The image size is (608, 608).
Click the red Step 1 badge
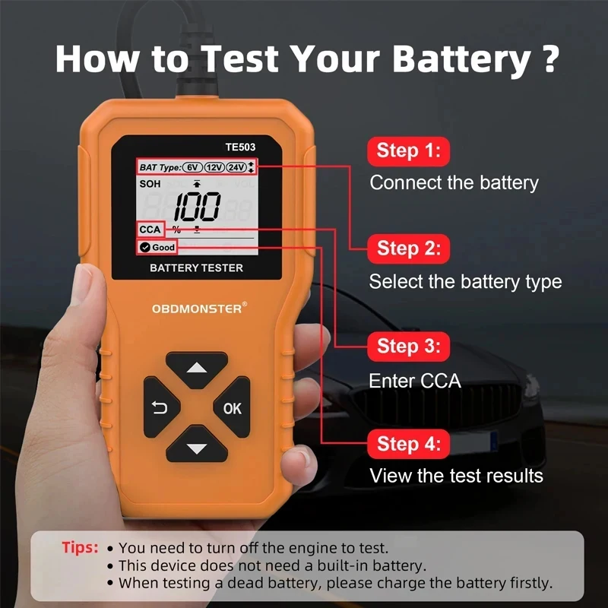click(408, 150)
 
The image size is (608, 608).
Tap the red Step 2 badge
click(408, 248)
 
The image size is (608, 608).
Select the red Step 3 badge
click(408, 347)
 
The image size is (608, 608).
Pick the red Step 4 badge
click(408, 444)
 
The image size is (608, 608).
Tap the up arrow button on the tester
click(197, 369)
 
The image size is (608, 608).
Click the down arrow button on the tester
click(197, 448)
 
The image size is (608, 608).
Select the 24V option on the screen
click(236, 167)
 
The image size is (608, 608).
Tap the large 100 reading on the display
click(195, 206)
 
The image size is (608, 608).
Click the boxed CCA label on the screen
click(150, 230)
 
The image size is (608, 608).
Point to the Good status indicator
click(157, 247)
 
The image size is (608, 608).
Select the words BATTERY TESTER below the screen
click(196, 268)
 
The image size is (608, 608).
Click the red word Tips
click(80, 547)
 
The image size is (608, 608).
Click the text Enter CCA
click(415, 381)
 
